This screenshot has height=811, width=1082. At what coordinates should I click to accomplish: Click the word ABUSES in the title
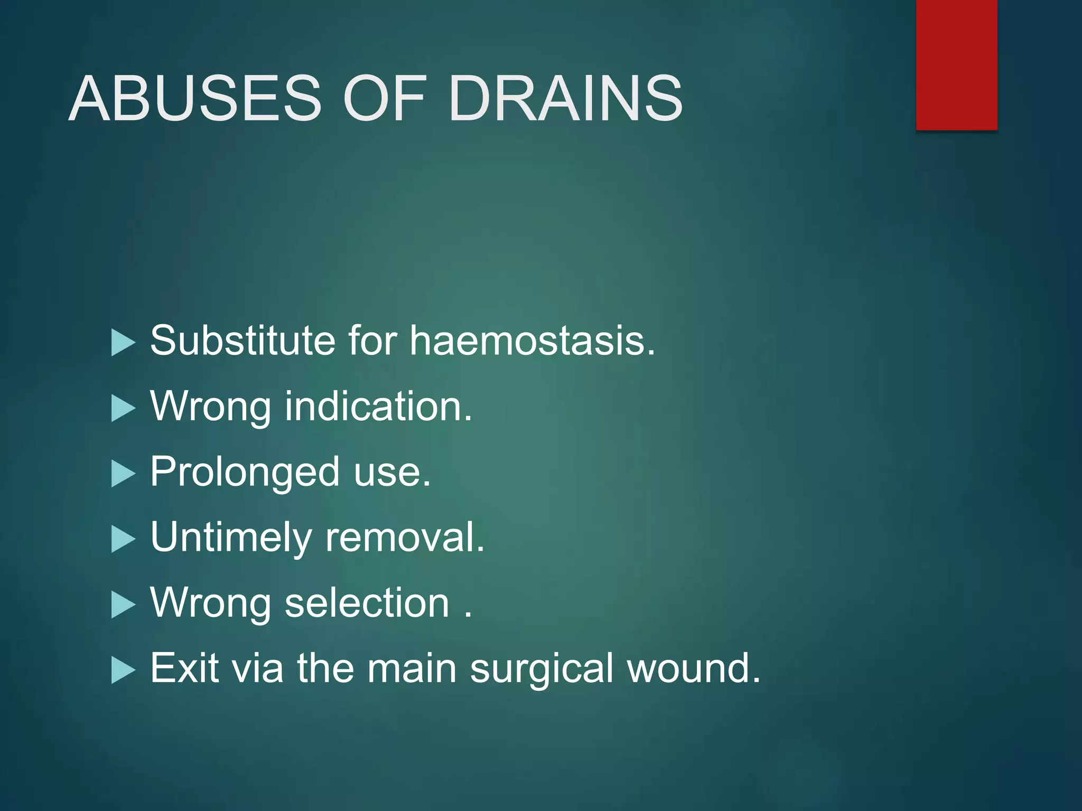point(195,99)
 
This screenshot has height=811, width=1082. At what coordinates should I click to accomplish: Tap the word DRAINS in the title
point(565,99)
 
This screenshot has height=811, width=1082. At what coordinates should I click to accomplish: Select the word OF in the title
point(385,99)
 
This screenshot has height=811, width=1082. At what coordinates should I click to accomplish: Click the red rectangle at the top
point(956,64)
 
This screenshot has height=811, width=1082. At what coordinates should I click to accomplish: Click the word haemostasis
point(532,341)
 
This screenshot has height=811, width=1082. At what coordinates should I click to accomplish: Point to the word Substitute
point(242,341)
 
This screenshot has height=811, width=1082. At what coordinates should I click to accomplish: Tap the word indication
point(378,407)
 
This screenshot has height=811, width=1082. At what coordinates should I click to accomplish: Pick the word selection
point(367,603)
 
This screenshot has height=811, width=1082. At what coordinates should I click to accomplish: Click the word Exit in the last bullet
point(184,668)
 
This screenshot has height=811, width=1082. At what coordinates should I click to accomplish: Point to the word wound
point(693,668)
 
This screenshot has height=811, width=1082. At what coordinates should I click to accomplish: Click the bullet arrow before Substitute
point(123,343)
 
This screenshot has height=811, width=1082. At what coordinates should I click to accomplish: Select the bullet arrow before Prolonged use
point(123,474)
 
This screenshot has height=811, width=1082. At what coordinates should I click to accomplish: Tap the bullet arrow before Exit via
point(123,671)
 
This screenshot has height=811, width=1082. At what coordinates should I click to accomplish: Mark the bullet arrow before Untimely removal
point(123,540)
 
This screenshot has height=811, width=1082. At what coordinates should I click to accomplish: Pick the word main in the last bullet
point(412,668)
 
